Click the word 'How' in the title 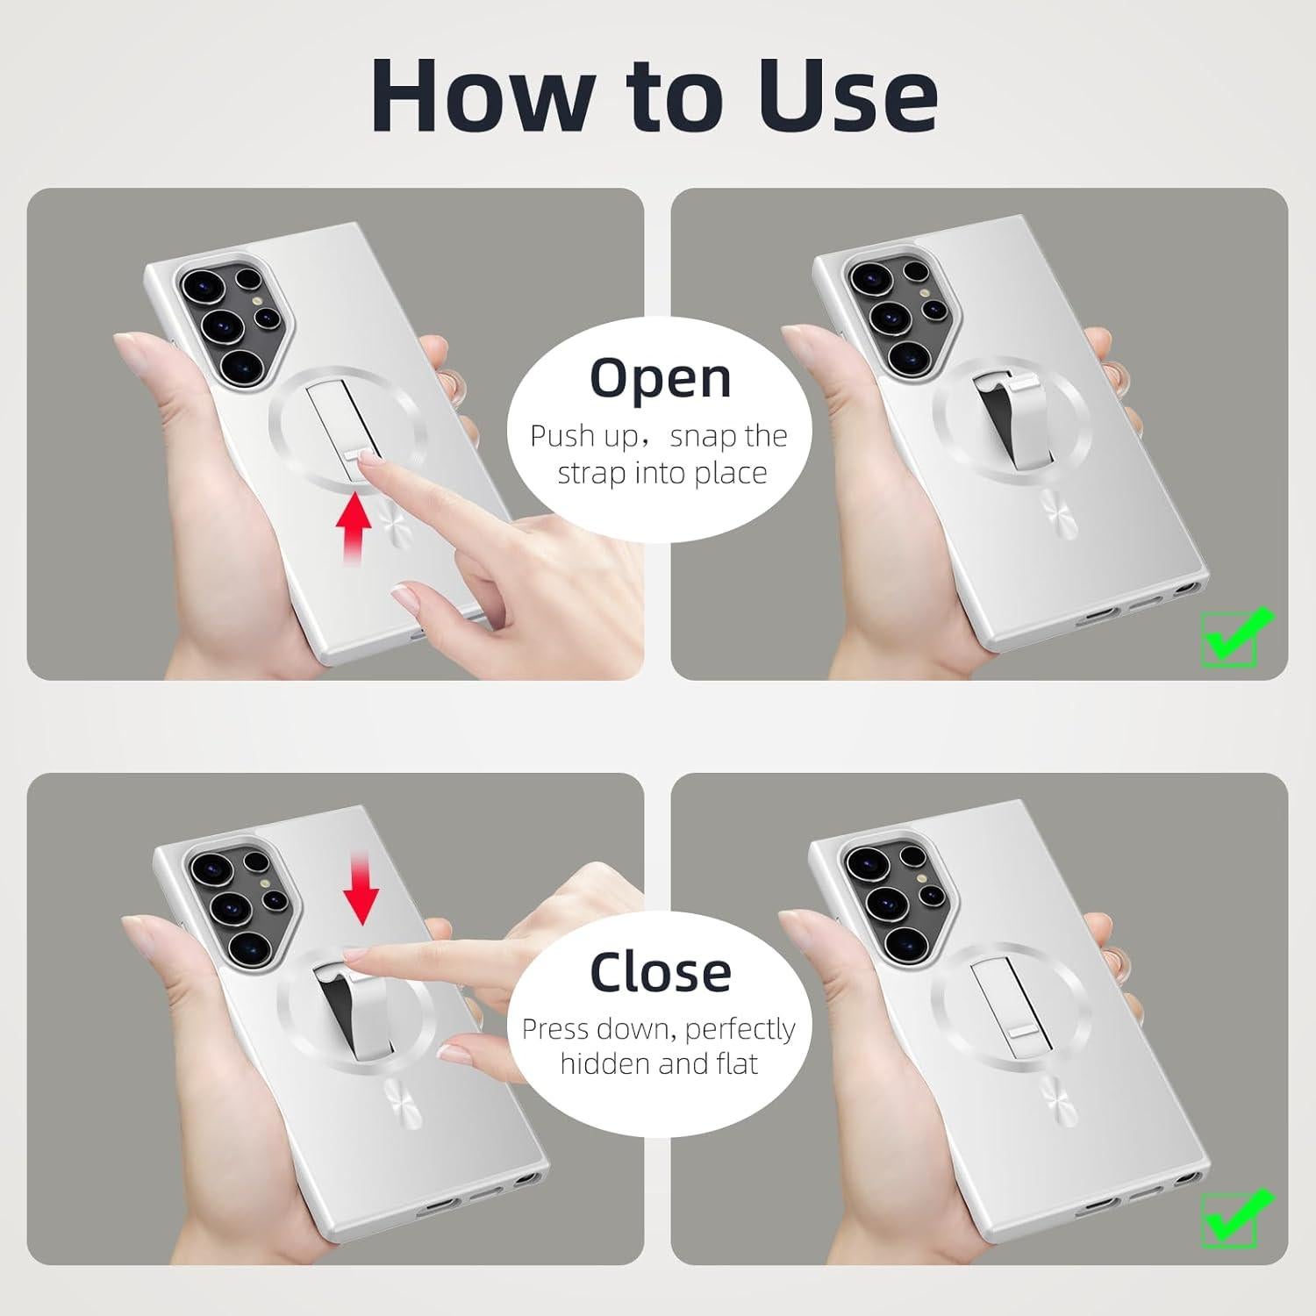click(481, 95)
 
